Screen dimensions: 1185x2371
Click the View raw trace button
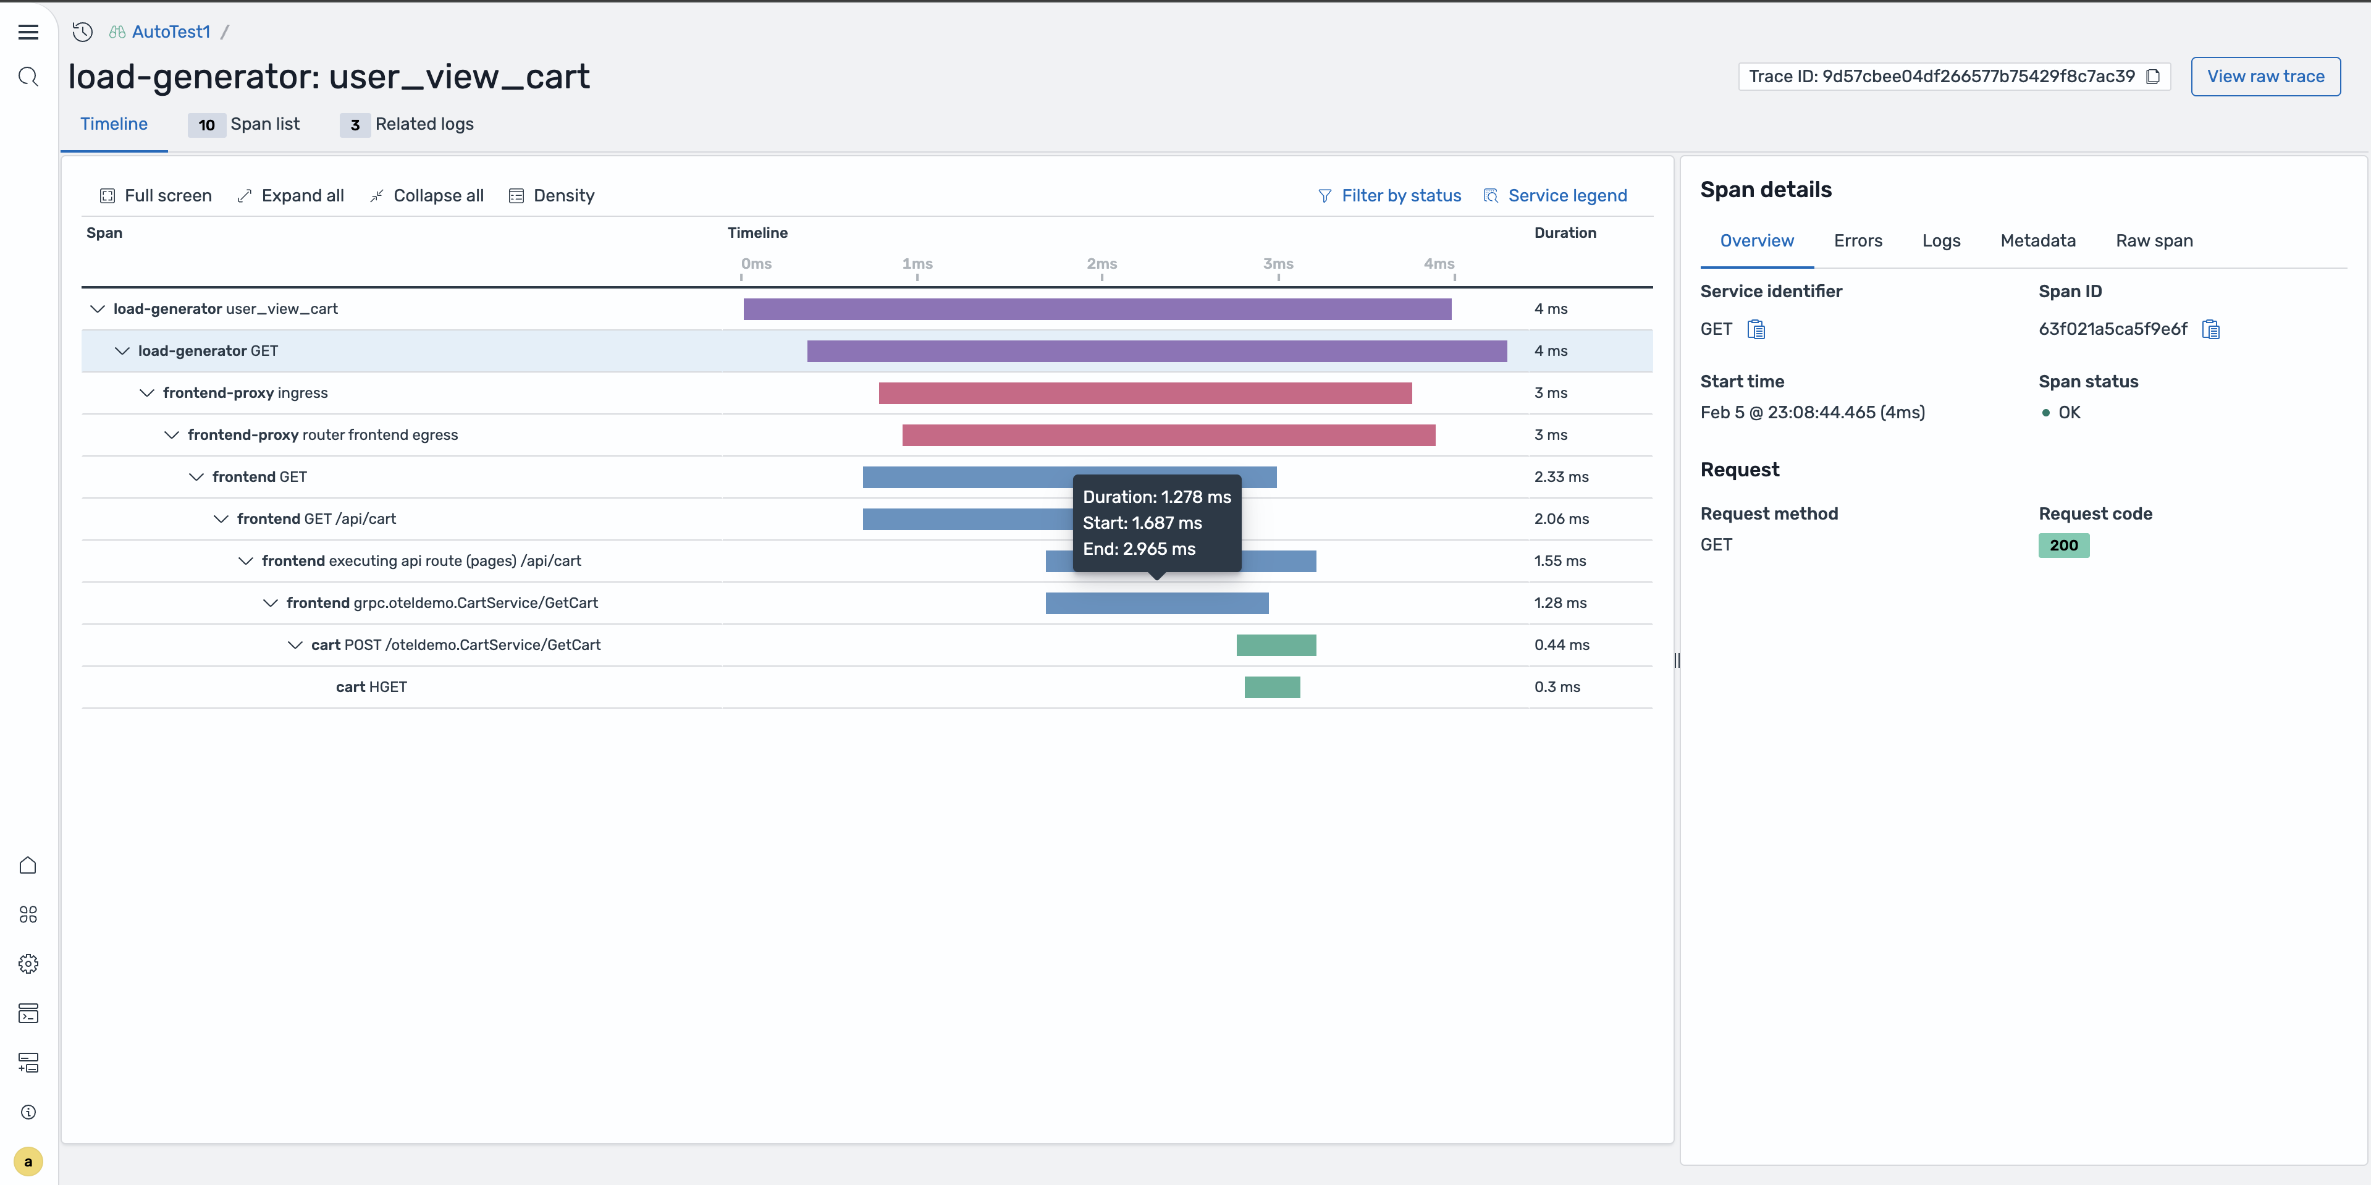(2265, 77)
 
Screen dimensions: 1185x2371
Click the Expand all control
(291, 195)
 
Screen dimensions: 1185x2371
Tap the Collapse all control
(427, 195)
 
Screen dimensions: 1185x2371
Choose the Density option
(552, 195)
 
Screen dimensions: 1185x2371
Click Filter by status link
(1390, 195)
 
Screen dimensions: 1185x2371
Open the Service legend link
(1556, 195)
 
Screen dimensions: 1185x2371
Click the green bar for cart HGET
(1272, 687)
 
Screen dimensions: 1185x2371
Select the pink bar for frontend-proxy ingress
(1145, 393)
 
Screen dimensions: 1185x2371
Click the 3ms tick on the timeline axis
(1278, 264)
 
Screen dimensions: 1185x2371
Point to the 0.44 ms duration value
(1561, 644)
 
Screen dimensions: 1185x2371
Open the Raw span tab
(2154, 240)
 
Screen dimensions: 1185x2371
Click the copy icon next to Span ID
(2211, 330)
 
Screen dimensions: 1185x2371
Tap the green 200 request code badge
(2063, 545)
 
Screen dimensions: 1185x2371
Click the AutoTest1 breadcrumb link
(171, 32)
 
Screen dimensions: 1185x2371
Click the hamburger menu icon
(28, 32)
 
